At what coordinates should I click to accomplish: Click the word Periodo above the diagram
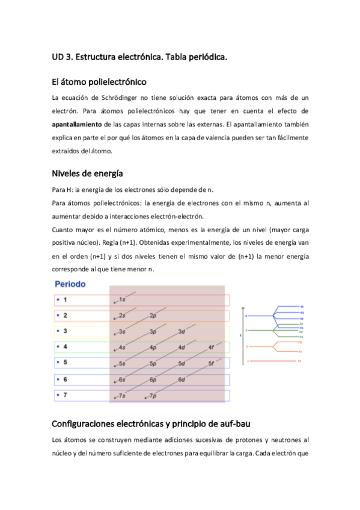pos(71,283)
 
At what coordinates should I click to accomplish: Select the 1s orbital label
pos(122,299)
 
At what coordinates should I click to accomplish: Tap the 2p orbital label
pos(153,315)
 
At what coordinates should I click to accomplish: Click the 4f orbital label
pos(210,348)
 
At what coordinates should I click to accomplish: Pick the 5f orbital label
pos(210,364)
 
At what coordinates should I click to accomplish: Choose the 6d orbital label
pos(182,380)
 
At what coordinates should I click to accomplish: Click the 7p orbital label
pos(153,396)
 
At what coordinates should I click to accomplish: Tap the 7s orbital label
pos(122,396)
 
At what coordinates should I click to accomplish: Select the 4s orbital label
pos(122,348)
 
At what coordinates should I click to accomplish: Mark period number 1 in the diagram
pos(65,300)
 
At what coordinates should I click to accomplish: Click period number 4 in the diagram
pos(65,348)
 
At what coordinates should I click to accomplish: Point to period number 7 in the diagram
pos(65,395)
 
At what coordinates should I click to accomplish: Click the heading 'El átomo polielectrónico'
pos(99,81)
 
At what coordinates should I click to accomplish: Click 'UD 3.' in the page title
pos(62,58)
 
